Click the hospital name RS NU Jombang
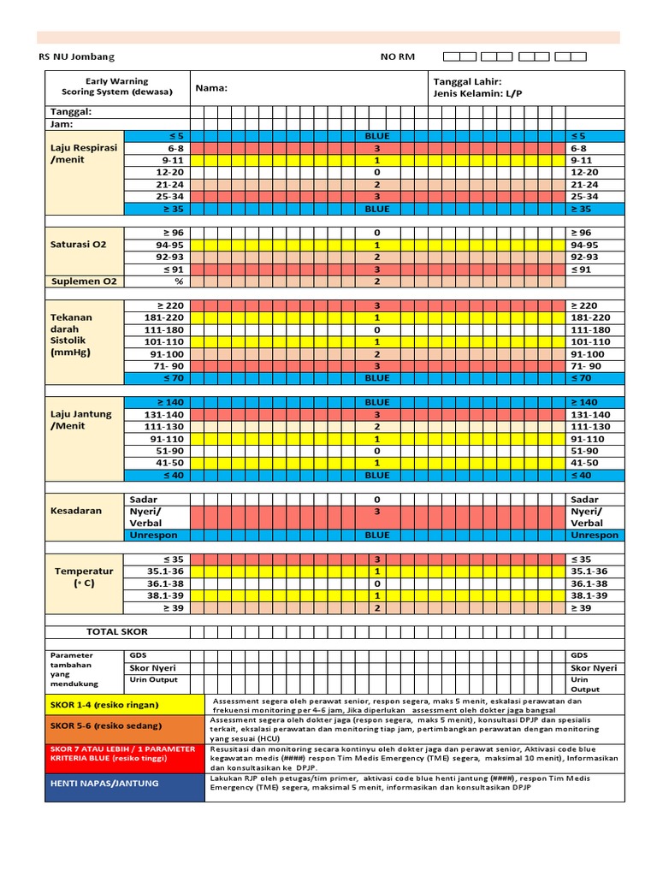[x=76, y=56]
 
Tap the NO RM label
[x=397, y=56]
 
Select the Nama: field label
[x=211, y=87]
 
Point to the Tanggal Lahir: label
[x=468, y=81]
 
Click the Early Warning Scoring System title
[x=117, y=86]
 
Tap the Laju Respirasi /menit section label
[x=83, y=153]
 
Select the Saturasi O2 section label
[x=78, y=244]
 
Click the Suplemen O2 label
[x=84, y=281]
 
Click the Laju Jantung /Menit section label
[x=80, y=420]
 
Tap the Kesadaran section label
[x=76, y=511]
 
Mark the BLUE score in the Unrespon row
[x=376, y=536]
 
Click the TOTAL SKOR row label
[x=116, y=631]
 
